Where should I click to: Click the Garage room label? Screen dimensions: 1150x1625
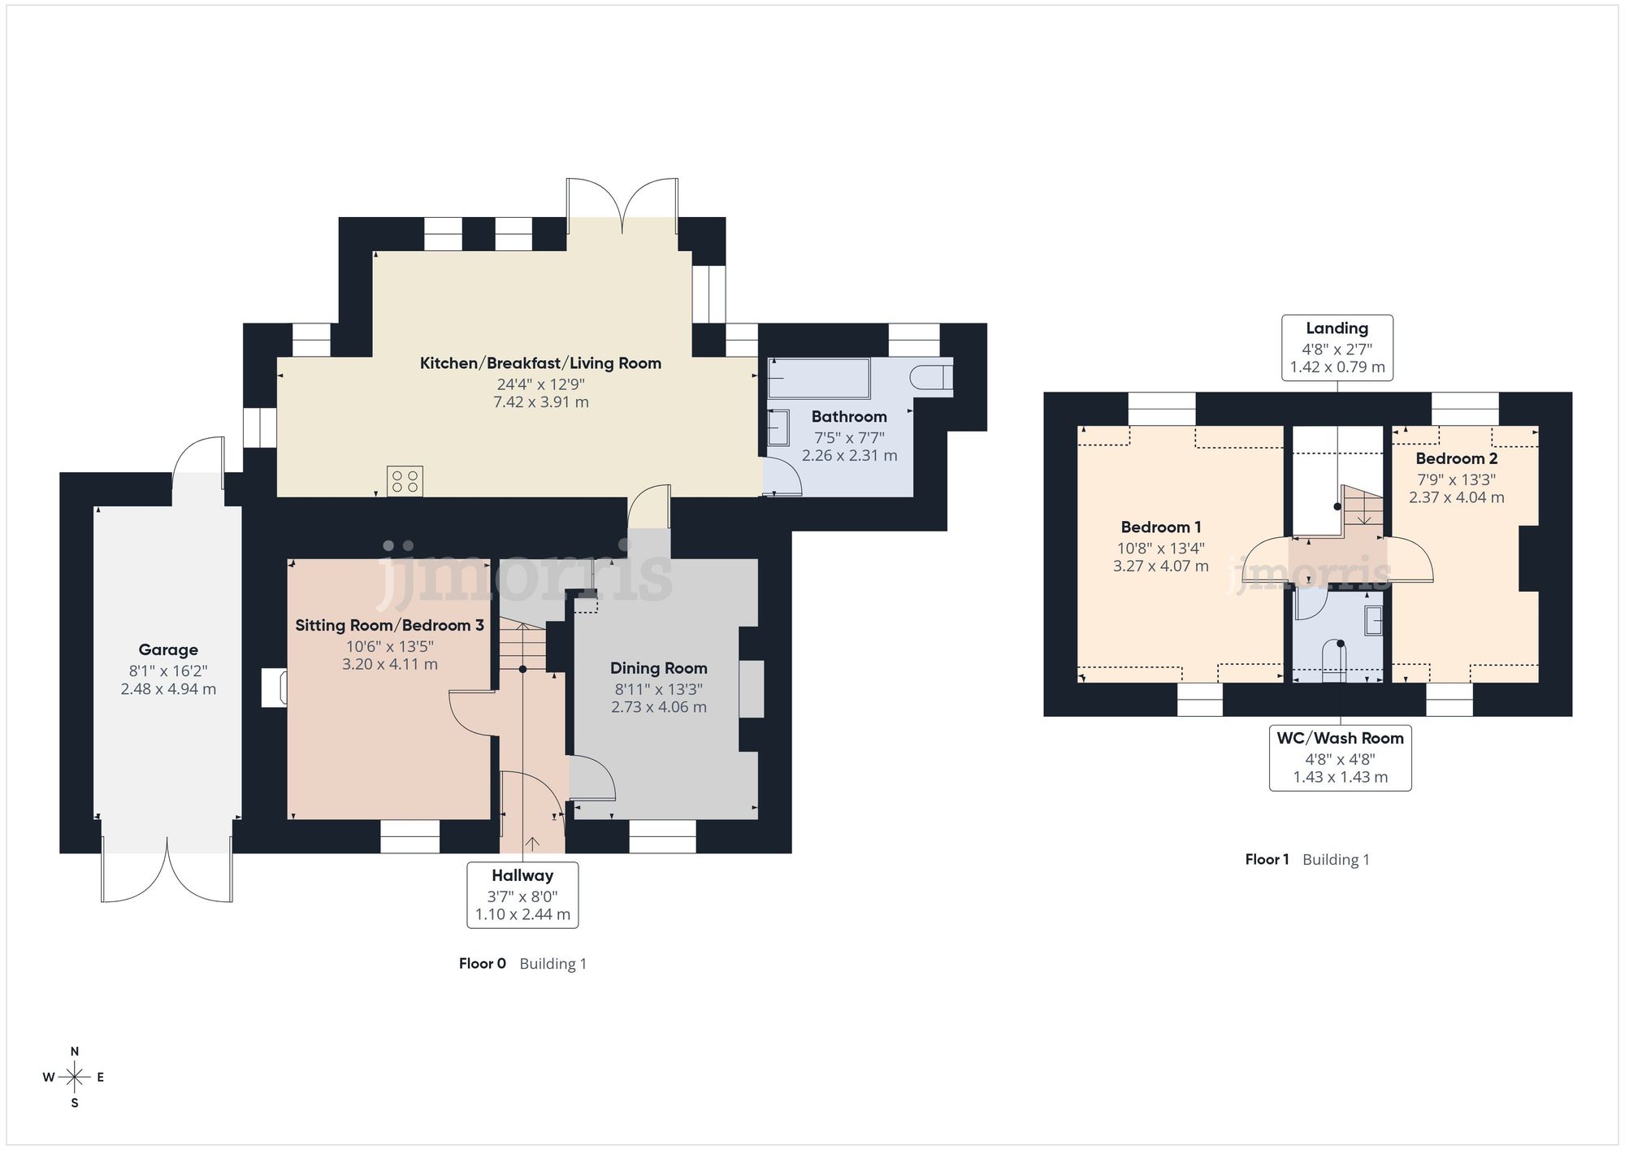(168, 649)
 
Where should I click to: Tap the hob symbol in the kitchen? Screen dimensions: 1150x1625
(405, 480)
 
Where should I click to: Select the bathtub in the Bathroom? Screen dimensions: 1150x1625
(818, 378)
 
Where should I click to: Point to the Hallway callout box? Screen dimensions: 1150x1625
(522, 894)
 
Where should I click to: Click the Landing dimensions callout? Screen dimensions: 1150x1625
(1337, 348)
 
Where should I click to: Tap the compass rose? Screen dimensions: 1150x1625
(75, 1078)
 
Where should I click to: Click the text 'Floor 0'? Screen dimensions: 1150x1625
(482, 964)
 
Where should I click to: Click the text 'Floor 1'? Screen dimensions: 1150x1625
(1267, 860)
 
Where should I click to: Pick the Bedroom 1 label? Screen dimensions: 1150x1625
(1160, 527)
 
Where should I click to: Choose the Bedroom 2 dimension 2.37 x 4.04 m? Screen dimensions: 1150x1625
(1456, 497)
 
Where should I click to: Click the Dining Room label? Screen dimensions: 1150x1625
(658, 668)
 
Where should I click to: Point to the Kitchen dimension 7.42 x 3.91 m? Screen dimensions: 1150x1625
(540, 402)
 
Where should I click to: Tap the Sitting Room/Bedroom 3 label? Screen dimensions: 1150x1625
(389, 625)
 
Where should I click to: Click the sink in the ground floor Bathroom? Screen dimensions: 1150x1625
(778, 427)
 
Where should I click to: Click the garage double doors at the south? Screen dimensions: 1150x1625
(167, 874)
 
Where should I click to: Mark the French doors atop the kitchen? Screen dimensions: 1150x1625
(622, 203)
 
